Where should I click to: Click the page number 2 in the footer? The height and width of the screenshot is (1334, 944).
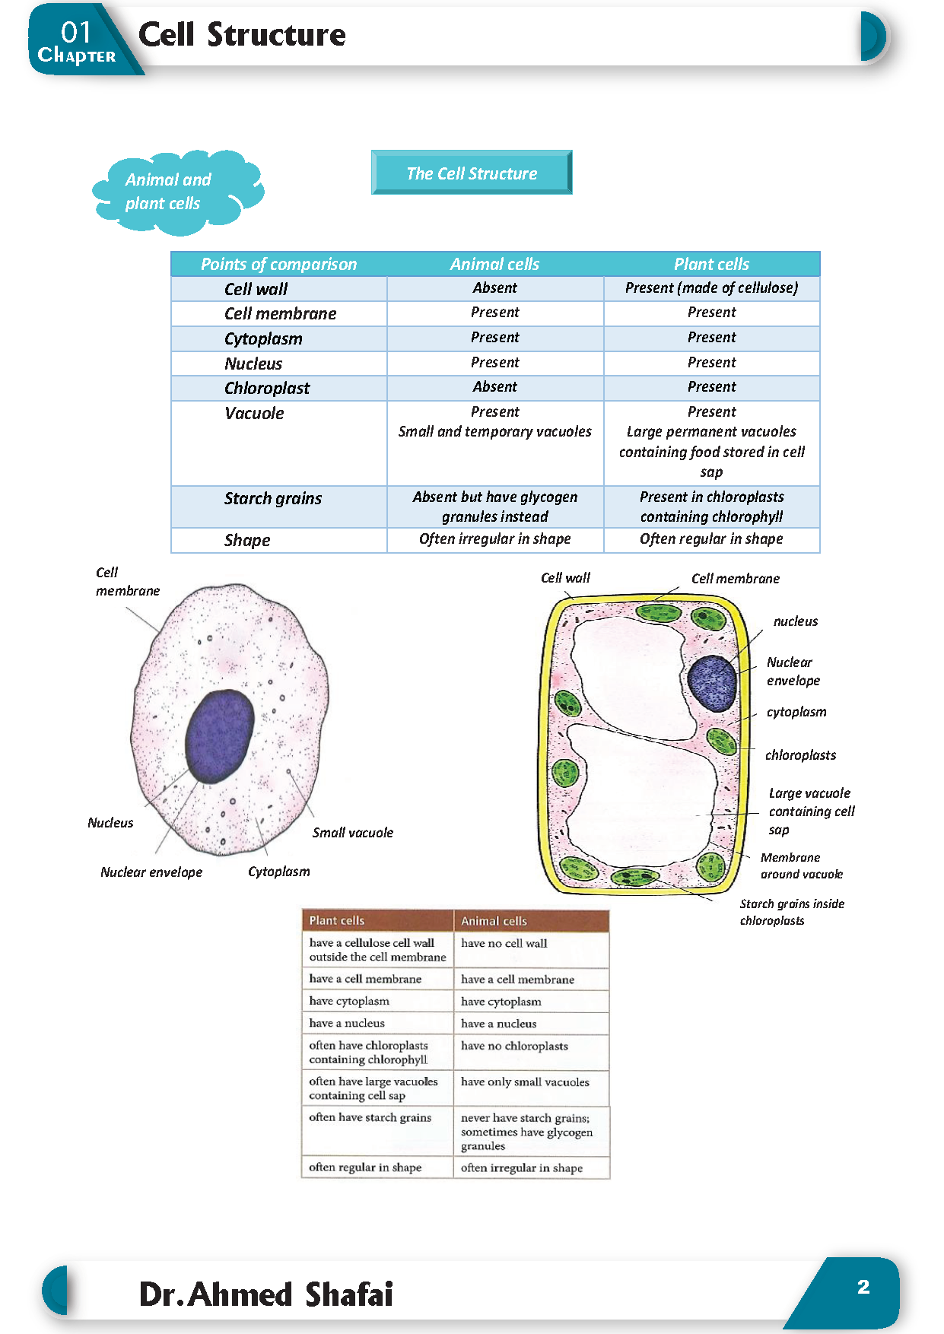tap(863, 1287)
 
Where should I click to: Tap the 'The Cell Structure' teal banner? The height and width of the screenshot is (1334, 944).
tap(472, 173)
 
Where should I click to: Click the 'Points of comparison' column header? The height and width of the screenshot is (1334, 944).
tap(278, 264)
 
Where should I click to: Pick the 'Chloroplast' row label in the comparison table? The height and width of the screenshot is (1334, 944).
tap(267, 388)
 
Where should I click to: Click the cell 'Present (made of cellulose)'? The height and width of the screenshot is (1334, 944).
tap(711, 287)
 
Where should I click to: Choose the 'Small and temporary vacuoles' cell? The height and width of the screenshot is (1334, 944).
tap(494, 431)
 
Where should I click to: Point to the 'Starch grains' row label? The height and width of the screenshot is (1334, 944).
tap(272, 498)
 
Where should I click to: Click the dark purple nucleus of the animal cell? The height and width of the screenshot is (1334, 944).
tap(219, 735)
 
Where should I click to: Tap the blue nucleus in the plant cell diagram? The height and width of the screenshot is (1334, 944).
tap(712, 683)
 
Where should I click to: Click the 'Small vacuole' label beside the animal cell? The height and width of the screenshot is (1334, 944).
tap(352, 833)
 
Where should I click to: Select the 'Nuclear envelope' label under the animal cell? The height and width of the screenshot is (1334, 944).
tap(151, 872)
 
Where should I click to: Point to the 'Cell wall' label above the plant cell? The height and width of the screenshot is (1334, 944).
tap(565, 578)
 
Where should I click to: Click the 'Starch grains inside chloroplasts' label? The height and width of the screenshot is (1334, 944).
tap(791, 912)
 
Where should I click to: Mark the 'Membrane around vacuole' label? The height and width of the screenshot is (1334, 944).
tap(801, 866)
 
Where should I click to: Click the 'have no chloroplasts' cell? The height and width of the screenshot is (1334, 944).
tap(514, 1046)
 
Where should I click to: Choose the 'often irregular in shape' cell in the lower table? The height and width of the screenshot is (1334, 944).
tap(522, 1167)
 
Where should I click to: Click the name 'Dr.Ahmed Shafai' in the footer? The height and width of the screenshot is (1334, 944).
tap(265, 1294)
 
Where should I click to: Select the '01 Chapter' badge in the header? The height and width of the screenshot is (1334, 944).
tap(76, 41)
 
